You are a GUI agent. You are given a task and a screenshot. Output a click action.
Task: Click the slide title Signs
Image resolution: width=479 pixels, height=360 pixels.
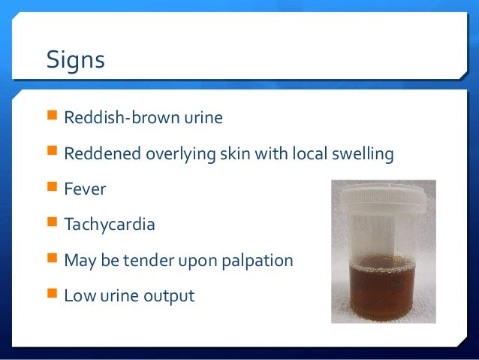75,59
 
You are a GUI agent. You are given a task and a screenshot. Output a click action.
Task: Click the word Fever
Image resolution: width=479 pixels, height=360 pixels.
85,189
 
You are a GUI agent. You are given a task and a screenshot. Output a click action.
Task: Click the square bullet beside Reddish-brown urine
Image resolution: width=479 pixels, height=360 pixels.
52,118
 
